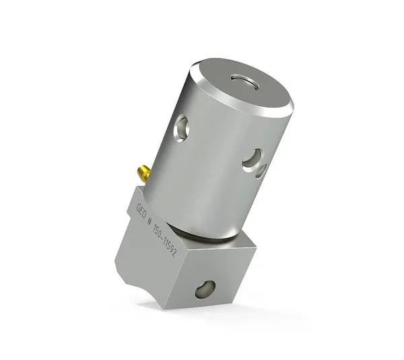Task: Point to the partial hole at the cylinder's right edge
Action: (x=261, y=172)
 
